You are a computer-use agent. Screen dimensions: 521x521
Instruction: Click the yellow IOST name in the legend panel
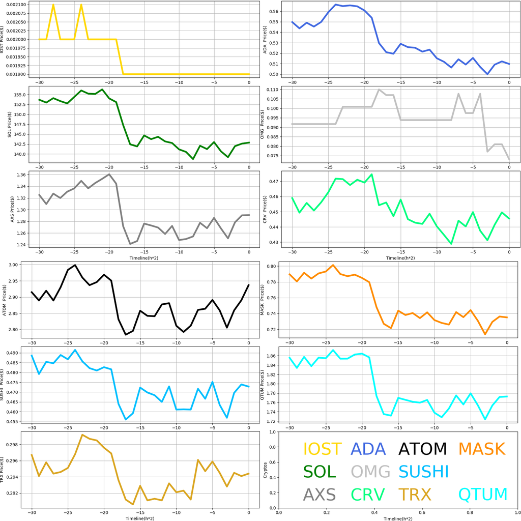tap(322, 449)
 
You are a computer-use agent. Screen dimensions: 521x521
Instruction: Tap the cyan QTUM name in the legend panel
tap(483, 494)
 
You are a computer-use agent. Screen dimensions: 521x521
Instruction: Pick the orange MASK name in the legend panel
tap(481, 449)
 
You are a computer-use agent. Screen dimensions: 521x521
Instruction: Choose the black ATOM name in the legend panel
tap(422, 449)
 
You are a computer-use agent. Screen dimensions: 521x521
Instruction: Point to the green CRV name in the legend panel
tap(368, 494)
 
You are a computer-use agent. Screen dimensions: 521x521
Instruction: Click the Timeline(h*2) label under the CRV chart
tap(399, 258)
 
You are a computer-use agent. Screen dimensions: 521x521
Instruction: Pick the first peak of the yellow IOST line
tap(53, 5)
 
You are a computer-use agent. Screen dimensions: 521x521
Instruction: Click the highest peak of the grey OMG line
tap(379, 90)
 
